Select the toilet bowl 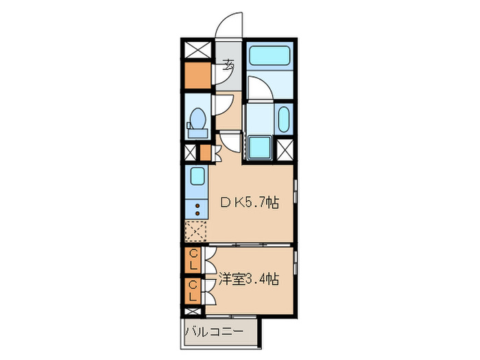[197, 119]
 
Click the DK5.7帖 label [249, 202]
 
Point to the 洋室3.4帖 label [249, 279]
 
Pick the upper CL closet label [193, 259]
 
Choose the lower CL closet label [193, 291]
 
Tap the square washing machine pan [259, 147]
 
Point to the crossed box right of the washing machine [285, 149]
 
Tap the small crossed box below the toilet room [191, 152]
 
